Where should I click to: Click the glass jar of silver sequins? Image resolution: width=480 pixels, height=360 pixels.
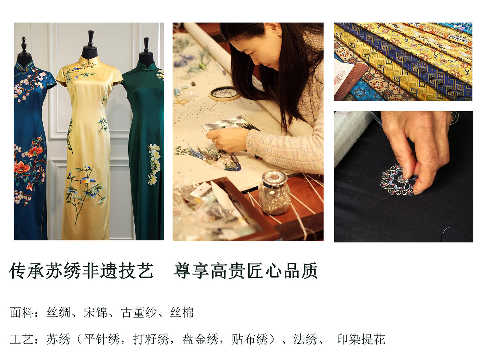(275, 193)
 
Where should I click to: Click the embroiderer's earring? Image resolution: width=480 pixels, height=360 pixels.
(280, 34)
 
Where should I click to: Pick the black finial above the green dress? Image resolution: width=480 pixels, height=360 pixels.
(146, 45)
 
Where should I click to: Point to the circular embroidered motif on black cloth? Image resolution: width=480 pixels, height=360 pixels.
(398, 180)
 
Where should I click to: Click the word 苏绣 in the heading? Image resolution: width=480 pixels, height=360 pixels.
(64, 271)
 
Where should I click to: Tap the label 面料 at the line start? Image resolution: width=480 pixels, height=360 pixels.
(22, 312)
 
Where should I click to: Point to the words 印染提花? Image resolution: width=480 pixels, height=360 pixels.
(361, 339)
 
